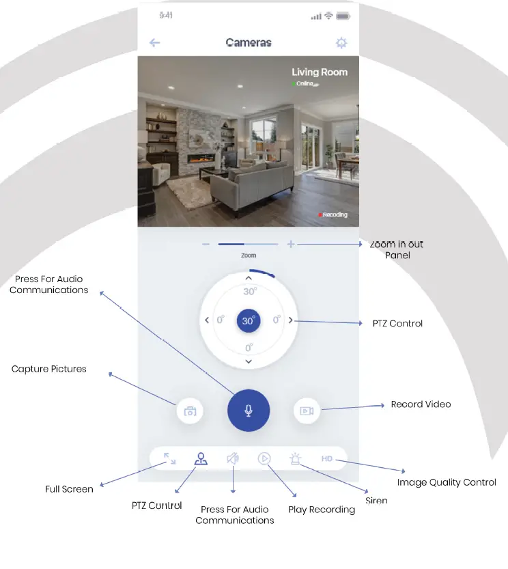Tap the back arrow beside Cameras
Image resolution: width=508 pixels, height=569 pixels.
tap(154, 43)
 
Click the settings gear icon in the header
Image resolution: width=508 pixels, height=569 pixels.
tap(341, 43)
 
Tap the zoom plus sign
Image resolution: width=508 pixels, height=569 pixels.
tap(291, 244)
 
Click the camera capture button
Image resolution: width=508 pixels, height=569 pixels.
tap(190, 411)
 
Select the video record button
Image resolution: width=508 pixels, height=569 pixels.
tap(307, 411)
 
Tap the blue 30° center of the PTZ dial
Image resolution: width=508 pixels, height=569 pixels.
tap(249, 320)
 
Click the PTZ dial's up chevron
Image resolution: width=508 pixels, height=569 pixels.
tap(249, 278)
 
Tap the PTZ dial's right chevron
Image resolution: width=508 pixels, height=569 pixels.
tap(291, 320)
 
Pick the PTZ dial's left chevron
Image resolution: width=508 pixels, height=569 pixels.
tap(207, 320)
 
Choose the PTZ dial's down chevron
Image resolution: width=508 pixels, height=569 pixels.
tap(249, 361)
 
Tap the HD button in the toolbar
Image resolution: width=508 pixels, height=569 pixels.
tap(327, 459)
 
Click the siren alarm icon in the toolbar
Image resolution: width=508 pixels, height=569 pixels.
tap(295, 459)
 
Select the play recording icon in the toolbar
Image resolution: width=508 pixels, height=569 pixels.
tap(264, 459)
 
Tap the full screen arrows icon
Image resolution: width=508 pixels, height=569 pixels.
tap(170, 459)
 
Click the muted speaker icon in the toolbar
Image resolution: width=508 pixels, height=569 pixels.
tap(233, 459)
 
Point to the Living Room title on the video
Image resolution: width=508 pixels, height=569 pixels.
tap(320, 72)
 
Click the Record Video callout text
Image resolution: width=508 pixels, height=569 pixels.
tap(421, 404)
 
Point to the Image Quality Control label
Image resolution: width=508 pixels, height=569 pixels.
tap(447, 482)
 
